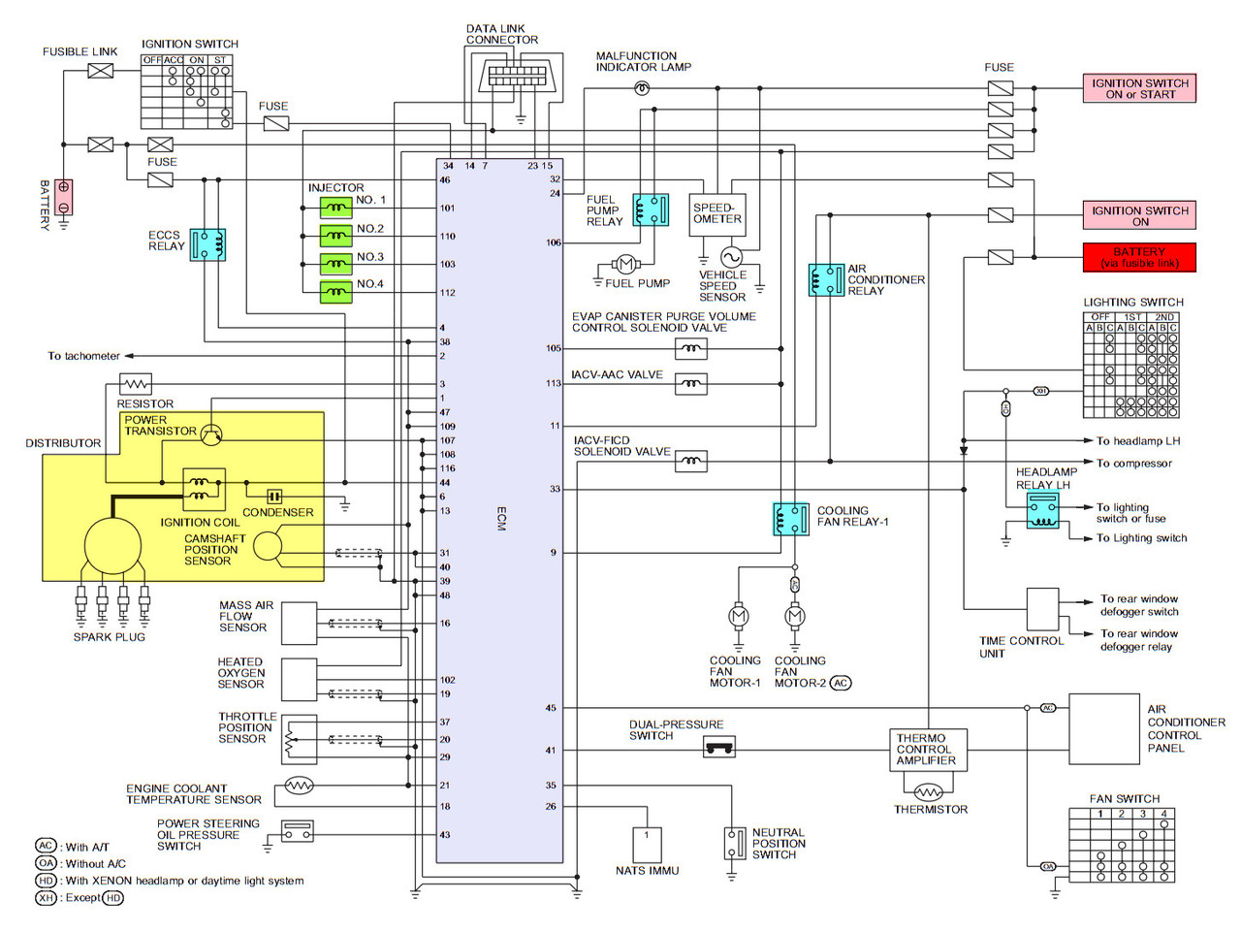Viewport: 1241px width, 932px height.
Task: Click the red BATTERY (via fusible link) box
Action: [x=1138, y=257]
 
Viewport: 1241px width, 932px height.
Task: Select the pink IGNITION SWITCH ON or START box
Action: [x=1138, y=88]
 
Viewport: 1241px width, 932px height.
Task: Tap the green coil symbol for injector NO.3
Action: [x=335, y=264]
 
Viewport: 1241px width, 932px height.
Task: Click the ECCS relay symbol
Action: [x=207, y=244]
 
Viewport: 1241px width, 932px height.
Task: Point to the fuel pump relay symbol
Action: [x=651, y=209]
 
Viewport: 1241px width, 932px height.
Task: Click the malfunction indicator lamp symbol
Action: [x=642, y=88]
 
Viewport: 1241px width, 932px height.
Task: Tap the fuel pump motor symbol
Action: [x=625, y=264]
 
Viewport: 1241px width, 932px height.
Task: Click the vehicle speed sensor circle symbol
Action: [x=730, y=257]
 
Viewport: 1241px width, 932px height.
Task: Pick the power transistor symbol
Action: [x=211, y=434]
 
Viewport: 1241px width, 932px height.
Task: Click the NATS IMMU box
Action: [x=647, y=846]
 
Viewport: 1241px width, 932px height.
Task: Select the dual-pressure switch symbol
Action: [x=719, y=747]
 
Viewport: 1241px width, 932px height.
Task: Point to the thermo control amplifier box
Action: [x=928, y=750]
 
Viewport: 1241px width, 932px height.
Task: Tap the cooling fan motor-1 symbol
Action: [x=738, y=616]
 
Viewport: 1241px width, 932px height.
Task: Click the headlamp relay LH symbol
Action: [x=1042, y=510]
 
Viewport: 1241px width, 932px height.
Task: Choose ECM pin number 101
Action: [x=447, y=209]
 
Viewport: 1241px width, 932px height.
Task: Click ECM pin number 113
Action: [x=554, y=383]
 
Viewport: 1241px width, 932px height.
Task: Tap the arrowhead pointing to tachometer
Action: [x=129, y=356]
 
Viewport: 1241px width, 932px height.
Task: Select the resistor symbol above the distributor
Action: [x=136, y=385]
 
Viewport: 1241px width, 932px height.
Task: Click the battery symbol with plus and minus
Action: [x=63, y=197]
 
